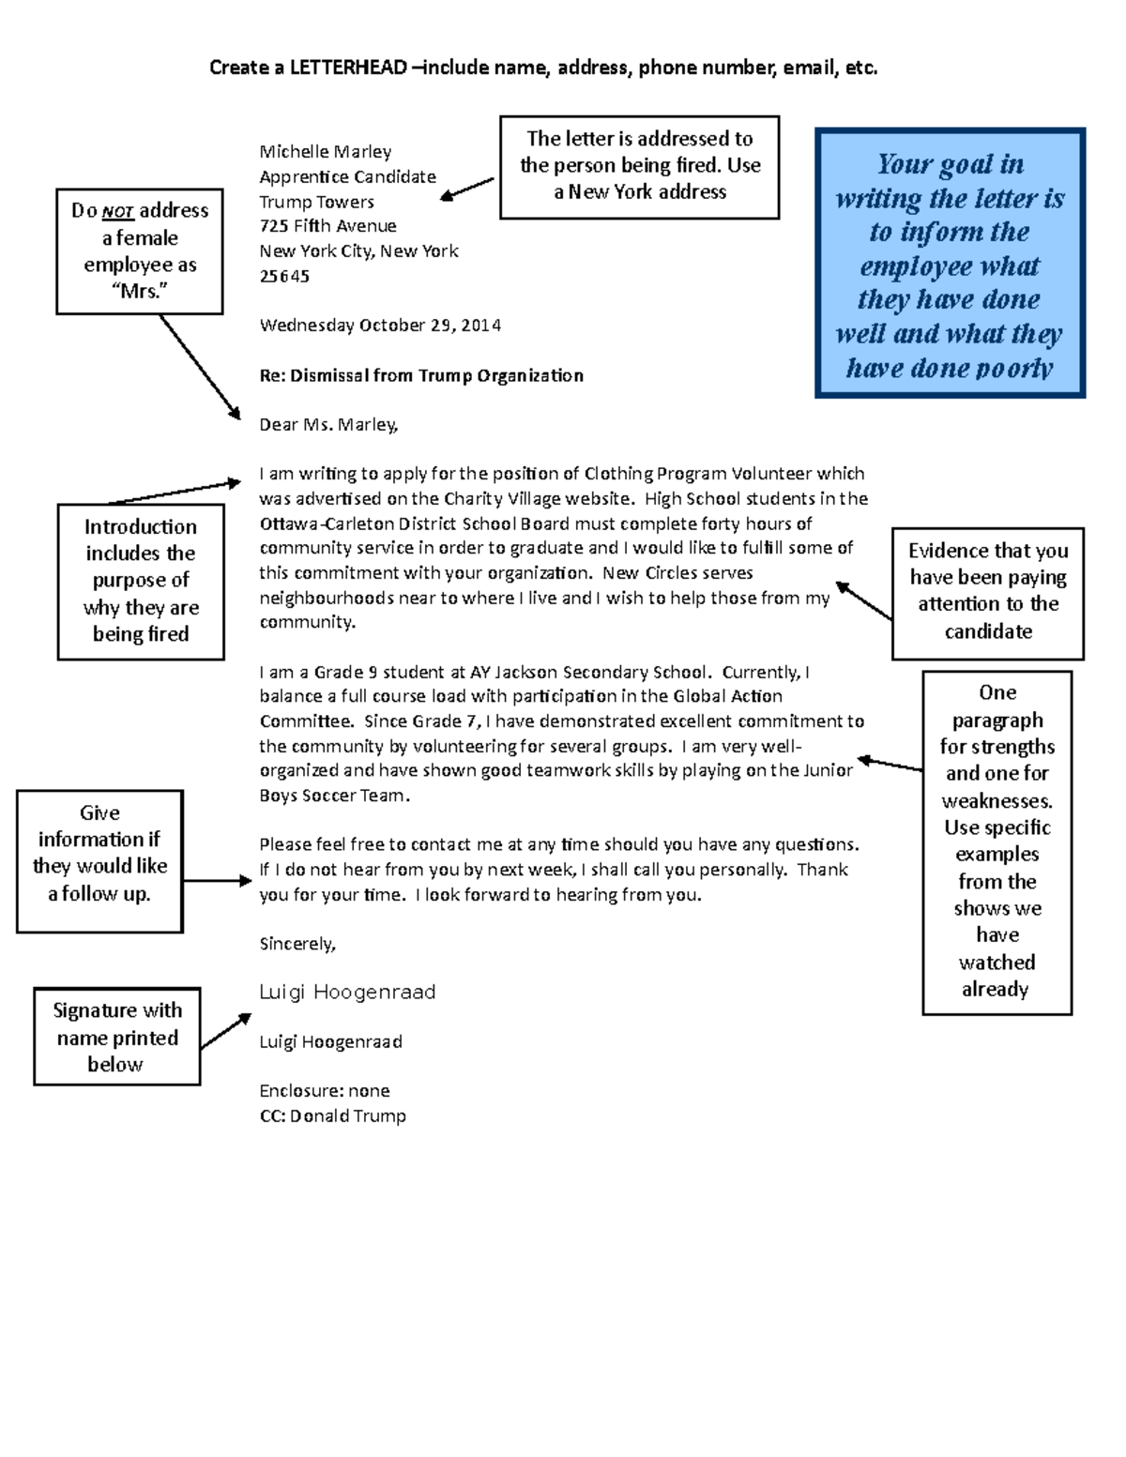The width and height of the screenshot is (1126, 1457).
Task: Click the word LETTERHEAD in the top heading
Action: (348, 68)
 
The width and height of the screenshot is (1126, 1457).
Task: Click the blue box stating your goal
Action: (950, 264)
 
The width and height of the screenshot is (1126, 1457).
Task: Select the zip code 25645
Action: (284, 276)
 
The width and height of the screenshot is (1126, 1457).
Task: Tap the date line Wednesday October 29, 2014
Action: (380, 326)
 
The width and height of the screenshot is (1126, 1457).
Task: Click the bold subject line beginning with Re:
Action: (421, 375)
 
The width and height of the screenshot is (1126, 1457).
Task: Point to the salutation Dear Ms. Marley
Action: (328, 425)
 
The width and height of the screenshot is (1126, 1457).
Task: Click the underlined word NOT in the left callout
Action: (118, 212)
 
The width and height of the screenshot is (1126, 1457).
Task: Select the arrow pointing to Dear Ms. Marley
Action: (199, 366)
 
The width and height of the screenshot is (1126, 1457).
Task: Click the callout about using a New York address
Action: (639, 166)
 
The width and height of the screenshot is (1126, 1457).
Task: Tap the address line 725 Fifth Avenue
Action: (327, 226)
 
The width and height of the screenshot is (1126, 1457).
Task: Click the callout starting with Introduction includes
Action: (141, 581)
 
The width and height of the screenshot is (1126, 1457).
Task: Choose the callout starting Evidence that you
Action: (988, 591)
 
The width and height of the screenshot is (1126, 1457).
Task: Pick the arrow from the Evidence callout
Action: (863, 600)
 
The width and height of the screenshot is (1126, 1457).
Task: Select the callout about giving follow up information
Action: (99, 854)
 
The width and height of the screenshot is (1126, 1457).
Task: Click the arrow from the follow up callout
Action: (217, 881)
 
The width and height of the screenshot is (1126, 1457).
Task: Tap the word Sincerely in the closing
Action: (297, 944)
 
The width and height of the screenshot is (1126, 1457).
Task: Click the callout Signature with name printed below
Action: (117, 1037)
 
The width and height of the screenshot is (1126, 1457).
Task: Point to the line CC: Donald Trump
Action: (332, 1116)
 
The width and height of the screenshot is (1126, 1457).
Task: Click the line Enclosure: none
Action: (324, 1091)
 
